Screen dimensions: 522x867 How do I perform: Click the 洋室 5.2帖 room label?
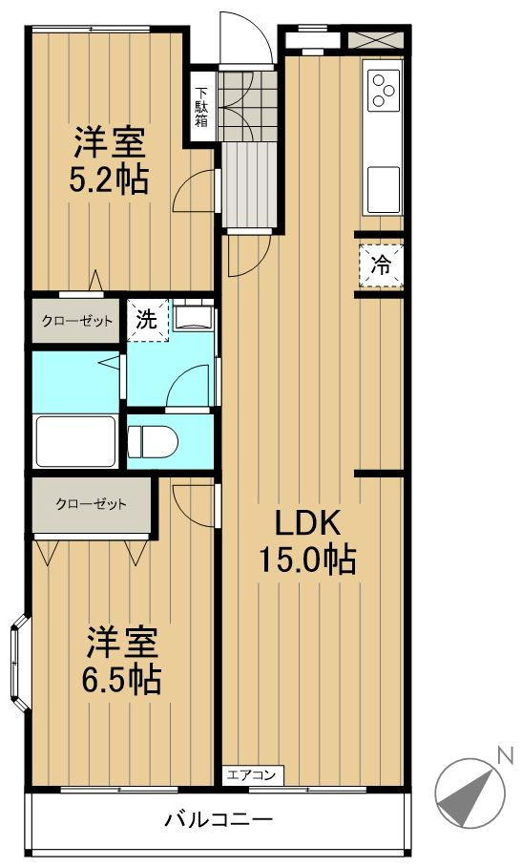tap(109, 159)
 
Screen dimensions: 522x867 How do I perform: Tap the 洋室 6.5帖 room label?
tap(121, 660)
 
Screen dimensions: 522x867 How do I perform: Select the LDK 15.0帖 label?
tap(307, 541)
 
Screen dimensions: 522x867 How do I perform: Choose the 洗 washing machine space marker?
tap(148, 320)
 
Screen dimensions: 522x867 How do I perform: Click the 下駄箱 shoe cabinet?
tap(201, 106)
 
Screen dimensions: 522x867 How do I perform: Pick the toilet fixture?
tap(153, 442)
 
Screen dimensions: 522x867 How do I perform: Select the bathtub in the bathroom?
tap(75, 442)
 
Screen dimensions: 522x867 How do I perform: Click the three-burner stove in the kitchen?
tap(383, 89)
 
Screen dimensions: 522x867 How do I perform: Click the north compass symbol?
tap(470, 793)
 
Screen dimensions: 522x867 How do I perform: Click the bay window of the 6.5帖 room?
tap(19, 662)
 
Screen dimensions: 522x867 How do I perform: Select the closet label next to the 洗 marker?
tap(77, 321)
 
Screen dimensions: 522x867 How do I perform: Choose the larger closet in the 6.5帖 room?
tap(92, 505)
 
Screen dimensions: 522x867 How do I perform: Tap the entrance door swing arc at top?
tap(247, 37)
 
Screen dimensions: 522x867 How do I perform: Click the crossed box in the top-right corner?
tap(376, 40)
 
